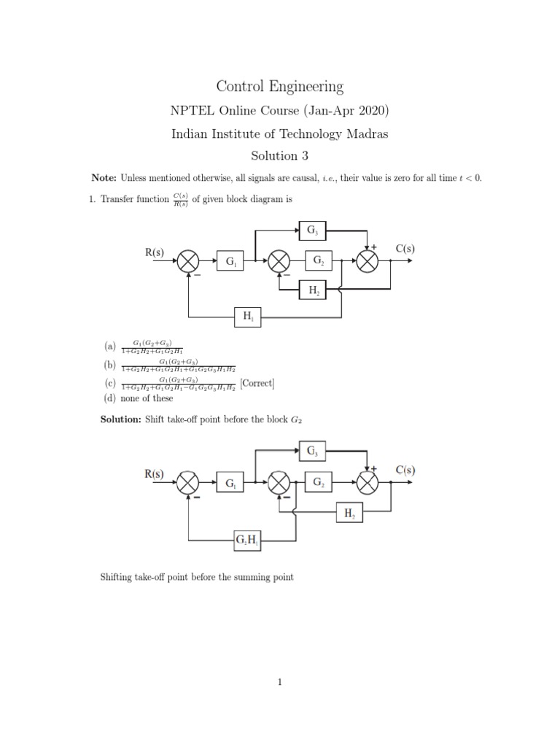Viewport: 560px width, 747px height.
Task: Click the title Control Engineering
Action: pos(280,87)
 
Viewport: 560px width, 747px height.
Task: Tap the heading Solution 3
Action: pos(280,155)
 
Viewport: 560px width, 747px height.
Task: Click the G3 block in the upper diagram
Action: pos(312,231)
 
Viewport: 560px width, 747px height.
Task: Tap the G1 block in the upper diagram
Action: pos(231,260)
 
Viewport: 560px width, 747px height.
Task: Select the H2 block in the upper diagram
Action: pos(312,291)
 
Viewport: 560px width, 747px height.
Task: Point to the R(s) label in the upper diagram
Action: pos(154,252)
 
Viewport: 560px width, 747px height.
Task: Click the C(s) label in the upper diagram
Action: pos(405,249)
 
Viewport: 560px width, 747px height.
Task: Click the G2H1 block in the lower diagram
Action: pos(246,540)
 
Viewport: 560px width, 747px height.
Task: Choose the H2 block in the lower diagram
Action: pos(348,513)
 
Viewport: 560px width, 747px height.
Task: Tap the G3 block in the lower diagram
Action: pos(312,452)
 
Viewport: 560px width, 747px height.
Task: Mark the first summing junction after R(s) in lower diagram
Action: pos(189,483)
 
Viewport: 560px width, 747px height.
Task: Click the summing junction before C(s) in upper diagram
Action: pos(367,261)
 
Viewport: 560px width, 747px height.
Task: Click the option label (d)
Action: pos(109,398)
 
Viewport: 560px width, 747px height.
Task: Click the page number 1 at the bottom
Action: pos(279,682)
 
